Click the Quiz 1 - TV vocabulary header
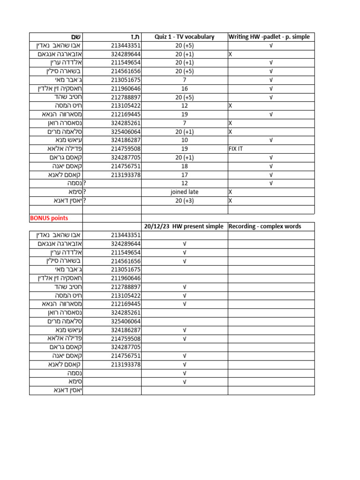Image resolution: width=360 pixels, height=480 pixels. pyautogui.click(x=184, y=37)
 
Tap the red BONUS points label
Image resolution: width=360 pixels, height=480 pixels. pyautogui.click(x=49, y=218)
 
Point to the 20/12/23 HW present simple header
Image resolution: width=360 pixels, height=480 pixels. pyautogui.click(x=184, y=226)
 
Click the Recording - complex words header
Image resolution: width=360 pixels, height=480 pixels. pyautogui.click(x=265, y=226)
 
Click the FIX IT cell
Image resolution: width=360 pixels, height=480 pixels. pyautogui.click(x=236, y=149)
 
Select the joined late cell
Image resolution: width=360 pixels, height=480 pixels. pyautogui.click(x=184, y=192)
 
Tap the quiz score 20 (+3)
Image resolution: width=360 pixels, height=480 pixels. pyautogui.click(x=184, y=201)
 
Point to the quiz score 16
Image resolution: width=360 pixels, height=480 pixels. pyautogui.click(x=184, y=89)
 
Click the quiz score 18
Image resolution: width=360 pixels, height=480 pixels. pyautogui.click(x=184, y=166)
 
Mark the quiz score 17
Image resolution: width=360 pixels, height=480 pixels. pyautogui.click(x=184, y=175)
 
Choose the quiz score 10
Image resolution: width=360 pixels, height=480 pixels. pyautogui.click(x=184, y=140)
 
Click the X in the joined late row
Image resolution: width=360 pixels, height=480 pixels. pyautogui.click(x=230, y=192)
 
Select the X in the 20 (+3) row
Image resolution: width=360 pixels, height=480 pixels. pyautogui.click(x=230, y=201)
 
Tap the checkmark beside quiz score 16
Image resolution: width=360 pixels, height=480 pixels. pyautogui.click(x=271, y=89)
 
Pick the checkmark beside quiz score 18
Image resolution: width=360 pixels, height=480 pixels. pyautogui.click(x=271, y=166)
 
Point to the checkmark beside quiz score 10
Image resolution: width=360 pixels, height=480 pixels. pyautogui.click(x=271, y=140)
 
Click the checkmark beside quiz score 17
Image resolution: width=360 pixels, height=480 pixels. pyautogui.click(x=271, y=175)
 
